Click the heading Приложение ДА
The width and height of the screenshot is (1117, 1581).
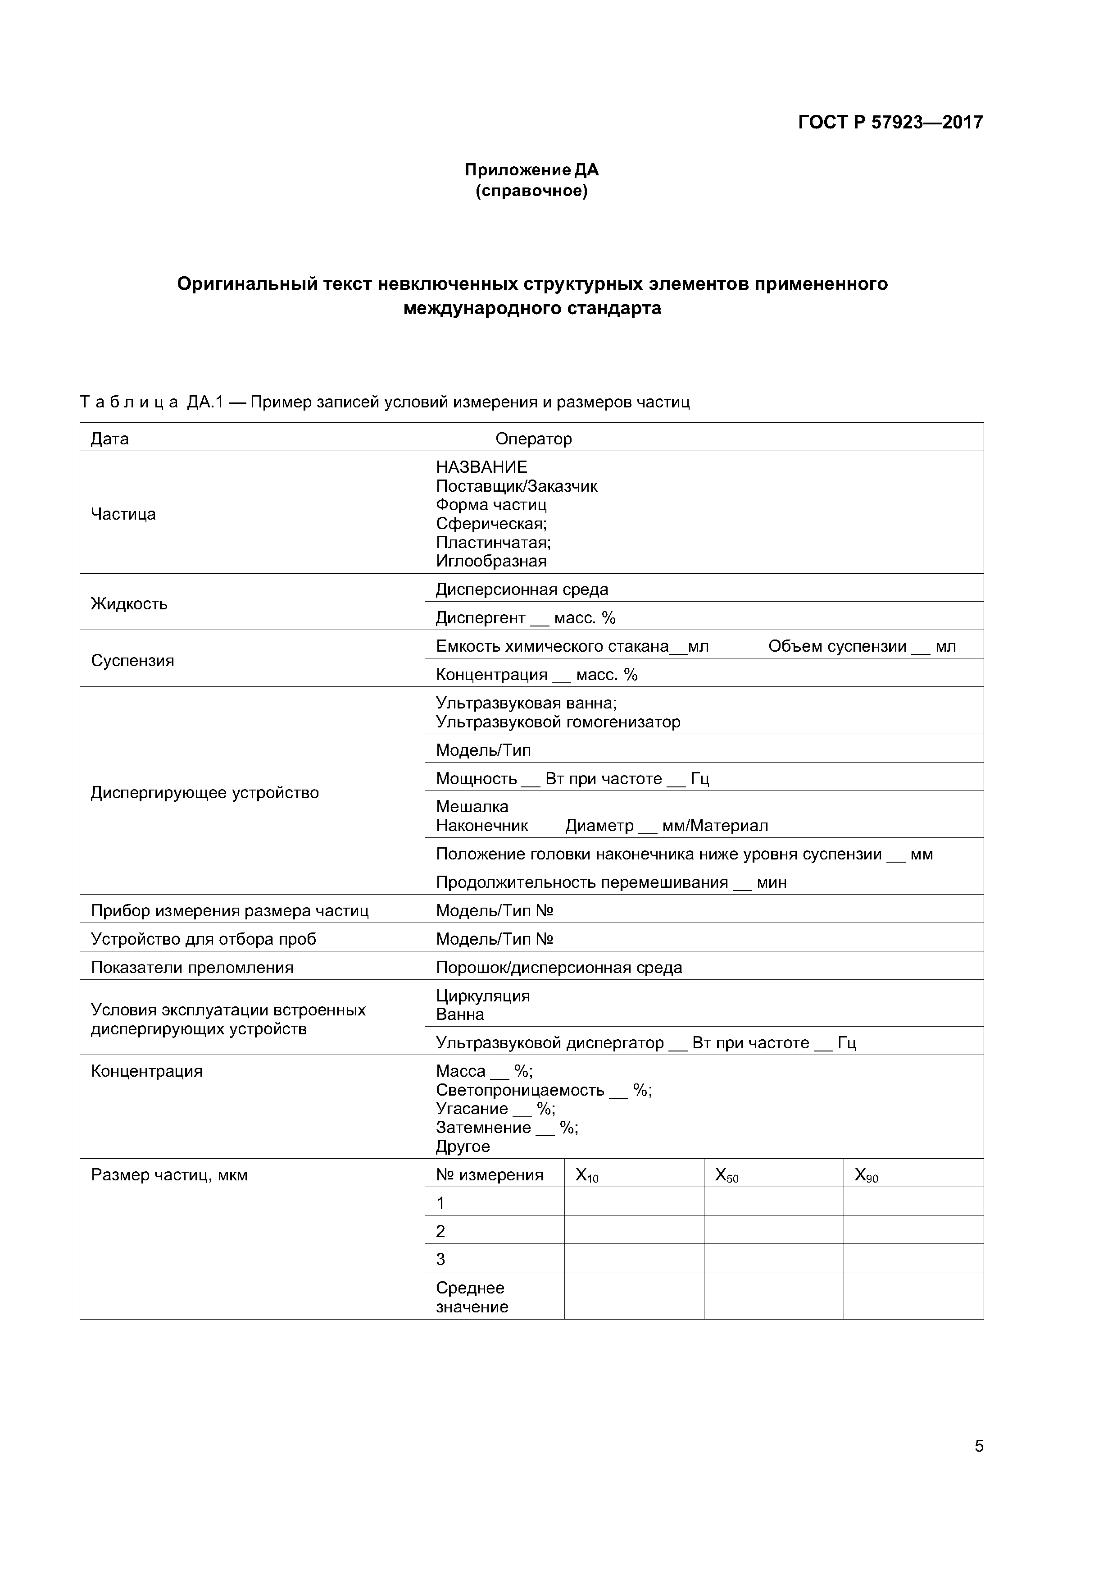(531, 169)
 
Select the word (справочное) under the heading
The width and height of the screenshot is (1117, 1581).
(531, 191)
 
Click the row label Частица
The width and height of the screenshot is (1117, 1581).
(123, 514)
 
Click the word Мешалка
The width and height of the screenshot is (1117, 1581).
(472, 806)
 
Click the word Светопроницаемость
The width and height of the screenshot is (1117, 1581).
(520, 1090)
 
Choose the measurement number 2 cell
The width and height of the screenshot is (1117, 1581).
(440, 1231)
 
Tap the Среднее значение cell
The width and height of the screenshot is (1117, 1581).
(472, 1298)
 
